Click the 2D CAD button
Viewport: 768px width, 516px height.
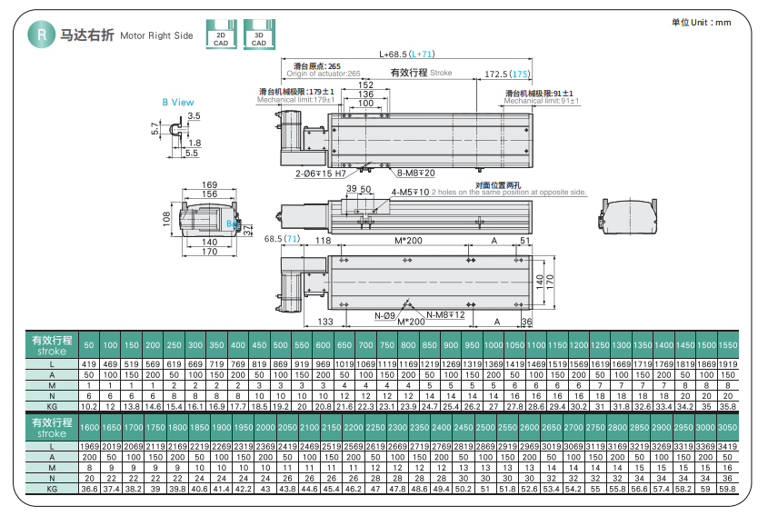tap(221, 34)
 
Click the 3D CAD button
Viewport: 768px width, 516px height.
tap(258, 34)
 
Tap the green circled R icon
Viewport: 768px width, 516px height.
tap(41, 35)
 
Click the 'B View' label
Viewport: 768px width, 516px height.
tap(178, 103)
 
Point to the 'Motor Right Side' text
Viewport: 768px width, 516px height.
tap(156, 36)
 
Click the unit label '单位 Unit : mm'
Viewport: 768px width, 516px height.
tap(701, 22)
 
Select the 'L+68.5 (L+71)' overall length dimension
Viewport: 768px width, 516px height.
tap(407, 55)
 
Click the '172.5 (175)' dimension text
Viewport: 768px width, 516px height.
tap(506, 74)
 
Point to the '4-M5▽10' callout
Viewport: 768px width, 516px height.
tap(409, 193)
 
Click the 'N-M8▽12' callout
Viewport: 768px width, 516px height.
tap(445, 315)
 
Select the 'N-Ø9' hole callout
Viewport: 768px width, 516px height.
tap(384, 315)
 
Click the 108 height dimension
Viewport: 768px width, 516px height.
tap(167, 218)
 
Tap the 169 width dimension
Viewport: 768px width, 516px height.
tap(209, 185)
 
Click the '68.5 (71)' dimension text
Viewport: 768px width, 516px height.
tap(282, 239)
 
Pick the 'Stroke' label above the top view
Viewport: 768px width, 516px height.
tap(441, 73)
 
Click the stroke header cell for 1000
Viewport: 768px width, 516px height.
tap(493, 345)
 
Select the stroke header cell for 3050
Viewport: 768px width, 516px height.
tap(728, 427)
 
